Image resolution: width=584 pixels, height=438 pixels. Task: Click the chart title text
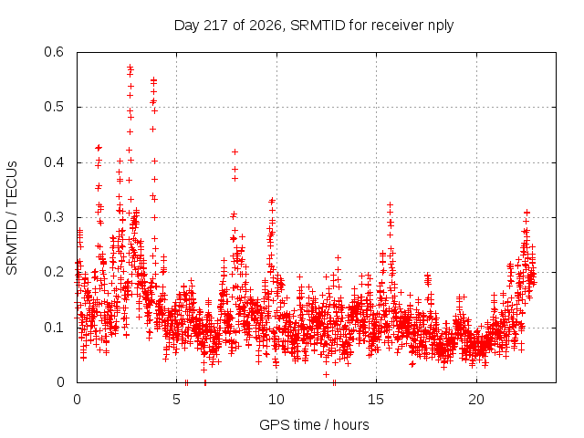tap(314, 26)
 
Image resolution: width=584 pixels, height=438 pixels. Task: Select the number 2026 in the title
tap(266, 26)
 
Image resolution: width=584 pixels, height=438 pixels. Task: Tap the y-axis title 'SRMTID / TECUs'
tap(12, 218)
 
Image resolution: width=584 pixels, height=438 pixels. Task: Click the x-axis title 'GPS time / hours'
tap(314, 424)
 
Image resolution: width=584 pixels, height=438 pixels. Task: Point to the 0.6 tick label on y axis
tap(54, 52)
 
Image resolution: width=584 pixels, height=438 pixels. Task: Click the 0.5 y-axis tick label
tap(54, 107)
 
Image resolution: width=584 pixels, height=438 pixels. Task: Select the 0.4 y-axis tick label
tap(54, 162)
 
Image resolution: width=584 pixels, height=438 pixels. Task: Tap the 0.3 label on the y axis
tap(54, 217)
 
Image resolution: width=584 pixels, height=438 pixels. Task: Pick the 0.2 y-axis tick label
tap(54, 272)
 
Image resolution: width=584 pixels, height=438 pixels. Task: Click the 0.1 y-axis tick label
tap(54, 328)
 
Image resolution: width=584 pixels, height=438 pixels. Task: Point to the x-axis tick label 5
tap(176, 400)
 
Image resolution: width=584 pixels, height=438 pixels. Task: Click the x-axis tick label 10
tap(276, 400)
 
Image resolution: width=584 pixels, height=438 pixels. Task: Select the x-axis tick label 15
tap(376, 400)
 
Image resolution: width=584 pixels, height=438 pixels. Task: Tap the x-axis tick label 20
tap(476, 400)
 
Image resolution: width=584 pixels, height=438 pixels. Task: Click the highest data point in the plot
tap(130, 68)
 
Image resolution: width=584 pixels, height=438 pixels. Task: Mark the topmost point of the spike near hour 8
tap(235, 152)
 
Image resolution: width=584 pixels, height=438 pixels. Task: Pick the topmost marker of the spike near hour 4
tap(153, 79)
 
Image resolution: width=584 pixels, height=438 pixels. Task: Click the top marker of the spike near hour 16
tap(390, 204)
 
